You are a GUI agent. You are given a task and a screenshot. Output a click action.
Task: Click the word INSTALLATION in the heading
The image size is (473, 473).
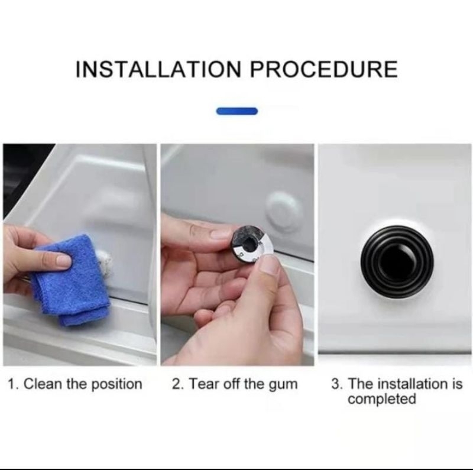point(158,69)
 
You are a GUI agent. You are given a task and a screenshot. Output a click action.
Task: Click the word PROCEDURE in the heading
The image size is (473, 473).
point(323,69)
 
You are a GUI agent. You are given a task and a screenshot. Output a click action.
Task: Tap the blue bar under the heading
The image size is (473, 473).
point(237,111)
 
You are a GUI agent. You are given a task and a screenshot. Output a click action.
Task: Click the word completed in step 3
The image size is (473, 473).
point(381,400)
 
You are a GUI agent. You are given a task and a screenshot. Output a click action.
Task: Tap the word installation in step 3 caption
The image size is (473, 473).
point(413,384)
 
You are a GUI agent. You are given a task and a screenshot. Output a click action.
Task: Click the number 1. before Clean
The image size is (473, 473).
point(14,384)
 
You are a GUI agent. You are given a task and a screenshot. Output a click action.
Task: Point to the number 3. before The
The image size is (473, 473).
point(337,384)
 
